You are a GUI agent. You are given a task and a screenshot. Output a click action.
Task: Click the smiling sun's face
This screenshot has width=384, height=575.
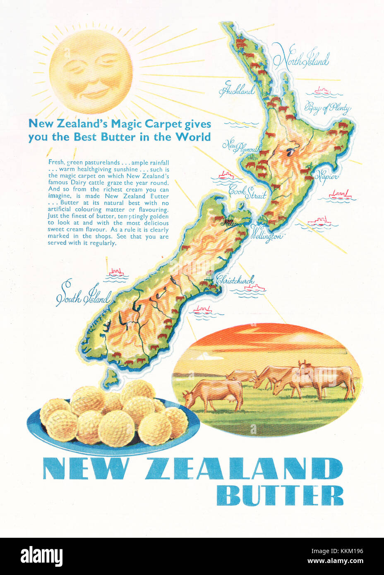point(91,71)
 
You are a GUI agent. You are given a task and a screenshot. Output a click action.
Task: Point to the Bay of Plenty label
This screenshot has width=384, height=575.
point(327,108)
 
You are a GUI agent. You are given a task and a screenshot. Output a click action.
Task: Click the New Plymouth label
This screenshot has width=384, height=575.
point(242,146)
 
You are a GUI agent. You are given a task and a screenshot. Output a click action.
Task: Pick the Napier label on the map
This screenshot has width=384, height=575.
point(326,175)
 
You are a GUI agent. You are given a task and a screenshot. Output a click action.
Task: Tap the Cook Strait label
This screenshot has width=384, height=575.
point(247,193)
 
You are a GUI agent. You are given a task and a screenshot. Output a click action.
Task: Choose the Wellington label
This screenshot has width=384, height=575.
point(267,235)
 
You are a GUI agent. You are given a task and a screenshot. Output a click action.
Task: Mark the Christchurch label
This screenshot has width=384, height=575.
point(235,280)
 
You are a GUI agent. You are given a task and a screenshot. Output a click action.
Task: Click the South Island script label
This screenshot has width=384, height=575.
point(83,295)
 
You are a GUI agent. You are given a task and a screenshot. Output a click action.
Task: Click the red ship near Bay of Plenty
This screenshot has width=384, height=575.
point(322,90)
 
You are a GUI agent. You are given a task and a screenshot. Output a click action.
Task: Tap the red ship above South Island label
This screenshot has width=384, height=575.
point(116,272)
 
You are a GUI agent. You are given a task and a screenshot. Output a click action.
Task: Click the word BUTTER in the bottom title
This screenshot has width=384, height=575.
point(280,496)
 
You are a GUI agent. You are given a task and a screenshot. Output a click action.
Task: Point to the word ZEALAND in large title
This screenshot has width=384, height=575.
point(243,469)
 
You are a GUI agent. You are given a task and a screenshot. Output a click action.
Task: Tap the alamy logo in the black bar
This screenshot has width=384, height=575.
point(41,556)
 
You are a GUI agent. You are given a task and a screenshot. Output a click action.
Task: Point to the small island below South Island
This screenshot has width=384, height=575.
point(110,376)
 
